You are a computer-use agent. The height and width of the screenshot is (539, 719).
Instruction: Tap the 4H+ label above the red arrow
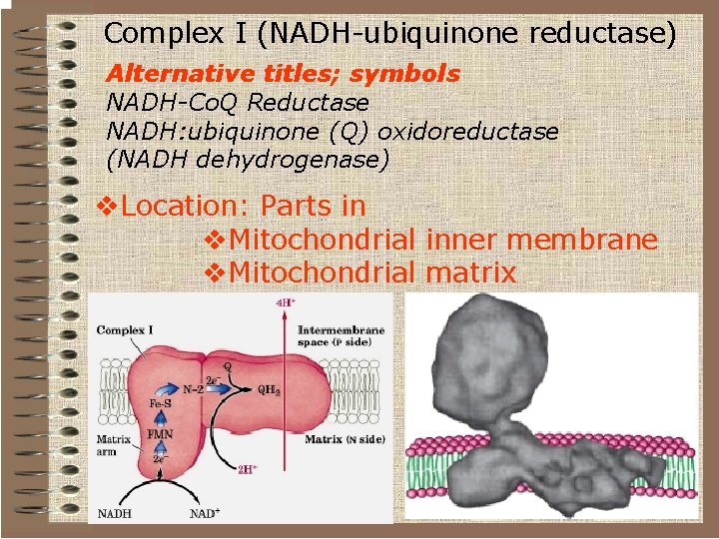(286, 305)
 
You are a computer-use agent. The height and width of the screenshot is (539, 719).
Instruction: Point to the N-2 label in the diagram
(196, 389)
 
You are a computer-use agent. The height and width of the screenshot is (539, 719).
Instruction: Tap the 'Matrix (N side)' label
(344, 439)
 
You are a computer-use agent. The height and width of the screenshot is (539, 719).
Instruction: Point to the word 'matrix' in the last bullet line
(470, 271)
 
